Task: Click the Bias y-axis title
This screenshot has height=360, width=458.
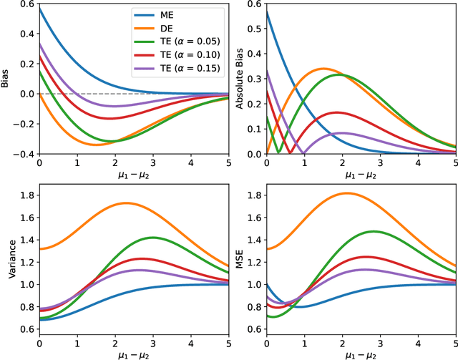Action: (6, 77)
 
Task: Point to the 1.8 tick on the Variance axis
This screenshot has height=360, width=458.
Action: (25, 195)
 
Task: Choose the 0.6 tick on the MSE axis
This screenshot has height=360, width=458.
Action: (254, 329)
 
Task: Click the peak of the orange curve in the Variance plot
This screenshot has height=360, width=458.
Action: (126, 203)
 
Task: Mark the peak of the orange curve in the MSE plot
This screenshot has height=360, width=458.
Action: (346, 193)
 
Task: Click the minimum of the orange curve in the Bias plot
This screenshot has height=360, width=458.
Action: (96, 145)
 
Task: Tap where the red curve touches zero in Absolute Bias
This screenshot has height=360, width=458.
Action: (289, 153)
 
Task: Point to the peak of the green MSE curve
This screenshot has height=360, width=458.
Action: (374, 231)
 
